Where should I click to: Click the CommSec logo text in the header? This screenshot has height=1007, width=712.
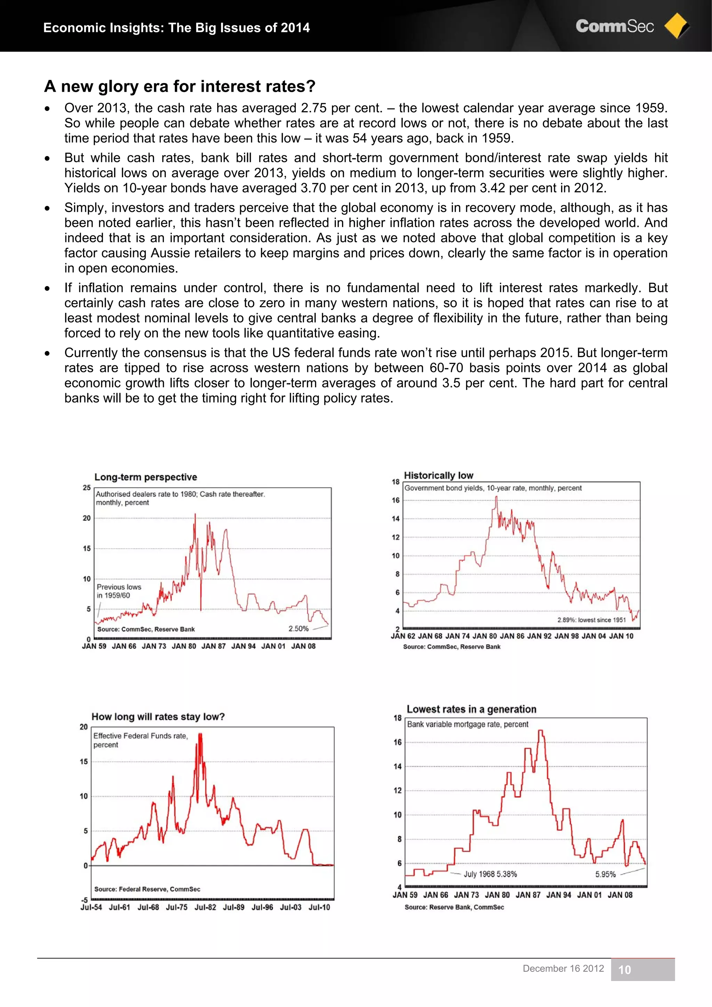click(614, 26)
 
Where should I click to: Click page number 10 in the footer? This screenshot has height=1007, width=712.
click(624, 970)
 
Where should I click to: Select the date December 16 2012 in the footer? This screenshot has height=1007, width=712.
click(563, 968)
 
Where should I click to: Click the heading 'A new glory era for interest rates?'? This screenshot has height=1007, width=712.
click(179, 87)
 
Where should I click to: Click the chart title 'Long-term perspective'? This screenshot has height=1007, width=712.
click(146, 477)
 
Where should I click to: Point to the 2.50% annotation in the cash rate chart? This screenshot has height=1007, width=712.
click(298, 628)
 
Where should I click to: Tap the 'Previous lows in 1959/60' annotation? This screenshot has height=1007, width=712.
click(119, 591)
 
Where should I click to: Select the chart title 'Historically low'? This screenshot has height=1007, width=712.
click(438, 476)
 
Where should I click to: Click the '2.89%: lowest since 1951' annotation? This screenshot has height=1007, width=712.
click(591, 620)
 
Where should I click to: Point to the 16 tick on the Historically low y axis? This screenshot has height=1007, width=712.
click(396, 501)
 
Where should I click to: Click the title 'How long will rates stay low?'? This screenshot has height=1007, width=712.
click(158, 717)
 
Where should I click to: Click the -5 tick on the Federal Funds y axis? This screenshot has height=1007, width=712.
click(84, 900)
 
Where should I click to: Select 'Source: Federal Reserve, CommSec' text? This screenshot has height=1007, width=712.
click(147, 889)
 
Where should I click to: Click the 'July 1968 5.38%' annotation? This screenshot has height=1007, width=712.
click(490, 874)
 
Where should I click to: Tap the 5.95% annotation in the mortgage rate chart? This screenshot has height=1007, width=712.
click(605, 874)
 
